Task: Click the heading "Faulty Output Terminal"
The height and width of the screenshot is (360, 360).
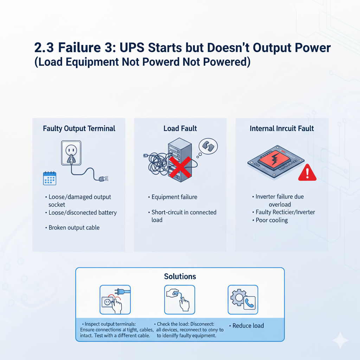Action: pyautogui.click(x=79, y=128)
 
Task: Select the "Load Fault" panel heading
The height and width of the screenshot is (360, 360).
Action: pyautogui.click(x=180, y=128)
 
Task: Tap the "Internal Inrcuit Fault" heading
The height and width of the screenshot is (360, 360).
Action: pyautogui.click(x=282, y=128)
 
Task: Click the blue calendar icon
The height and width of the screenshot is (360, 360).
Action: pyautogui.click(x=49, y=178)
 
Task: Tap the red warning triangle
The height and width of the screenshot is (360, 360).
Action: pyautogui.click(x=307, y=173)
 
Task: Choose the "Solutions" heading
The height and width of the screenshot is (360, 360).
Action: pyautogui.click(x=180, y=276)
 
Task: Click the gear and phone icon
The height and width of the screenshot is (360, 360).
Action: pyautogui.click(x=243, y=300)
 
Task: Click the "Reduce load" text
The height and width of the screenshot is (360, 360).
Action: pyautogui.click(x=248, y=326)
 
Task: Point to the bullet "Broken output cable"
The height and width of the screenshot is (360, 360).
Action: pyautogui.click(x=74, y=227)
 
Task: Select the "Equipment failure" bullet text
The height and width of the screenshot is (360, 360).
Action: pyautogui.click(x=174, y=197)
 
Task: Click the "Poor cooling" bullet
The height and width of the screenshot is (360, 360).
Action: pyautogui.click(x=271, y=220)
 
